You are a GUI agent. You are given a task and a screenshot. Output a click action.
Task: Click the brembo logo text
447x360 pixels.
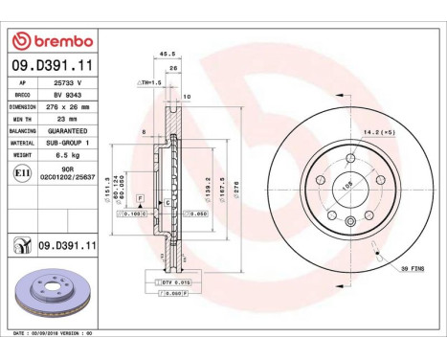point(57,41)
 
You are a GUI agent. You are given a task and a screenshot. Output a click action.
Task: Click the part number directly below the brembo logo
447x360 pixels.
point(52,66)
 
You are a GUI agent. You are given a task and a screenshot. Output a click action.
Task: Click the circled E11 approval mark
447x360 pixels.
point(21,171)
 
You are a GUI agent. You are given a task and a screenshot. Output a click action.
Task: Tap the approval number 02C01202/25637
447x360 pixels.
point(68,177)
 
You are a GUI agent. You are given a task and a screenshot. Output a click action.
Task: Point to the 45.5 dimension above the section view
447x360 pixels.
point(164,54)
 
